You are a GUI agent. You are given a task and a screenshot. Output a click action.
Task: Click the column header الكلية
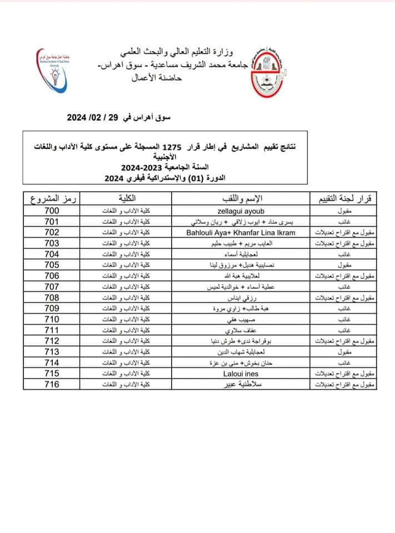click(129, 199)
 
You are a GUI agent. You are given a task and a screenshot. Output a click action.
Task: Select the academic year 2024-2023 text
click(146, 167)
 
